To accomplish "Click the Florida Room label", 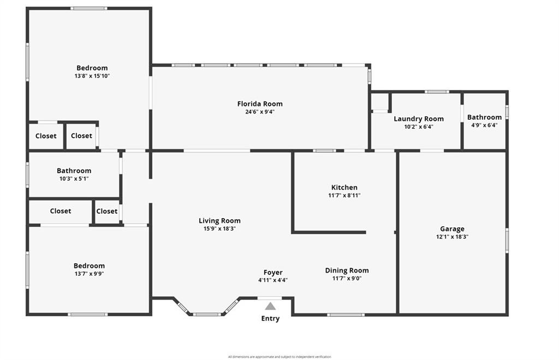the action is coord(260,104).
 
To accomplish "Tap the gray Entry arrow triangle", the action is coord(271,306).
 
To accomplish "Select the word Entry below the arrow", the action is coord(270,318).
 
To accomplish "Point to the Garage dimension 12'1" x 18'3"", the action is coord(452,237).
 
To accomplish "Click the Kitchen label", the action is coord(344,187).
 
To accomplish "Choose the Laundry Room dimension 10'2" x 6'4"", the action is coord(419,127).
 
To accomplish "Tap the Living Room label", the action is coord(219,221).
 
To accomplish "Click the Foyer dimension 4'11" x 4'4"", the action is coord(273,280).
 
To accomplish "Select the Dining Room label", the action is coord(347,270).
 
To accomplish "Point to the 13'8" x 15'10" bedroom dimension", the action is coord(92,75).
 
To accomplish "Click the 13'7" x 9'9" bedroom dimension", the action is coord(89,274).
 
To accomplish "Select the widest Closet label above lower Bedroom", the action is coord(60,211).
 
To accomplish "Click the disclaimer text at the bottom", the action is coord(279,357).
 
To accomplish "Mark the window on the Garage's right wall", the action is coord(507,241).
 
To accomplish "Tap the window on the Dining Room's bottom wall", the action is coord(346,315).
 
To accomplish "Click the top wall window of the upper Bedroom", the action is coord(89,8).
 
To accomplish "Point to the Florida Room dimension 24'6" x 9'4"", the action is coord(260,111).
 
